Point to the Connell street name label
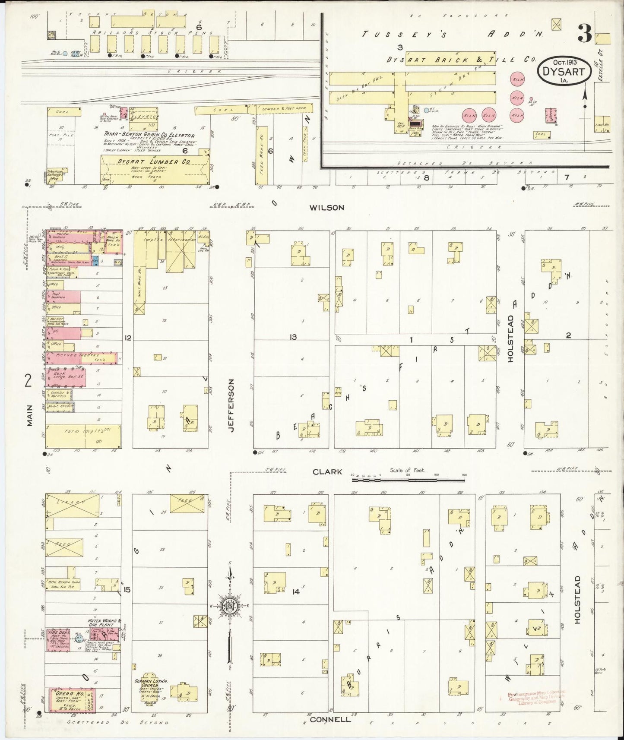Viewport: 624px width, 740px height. [x=330, y=719]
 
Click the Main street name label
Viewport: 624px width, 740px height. [x=29, y=418]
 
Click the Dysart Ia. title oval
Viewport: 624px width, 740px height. [x=564, y=70]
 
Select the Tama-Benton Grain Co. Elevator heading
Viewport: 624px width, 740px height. [x=149, y=134]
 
